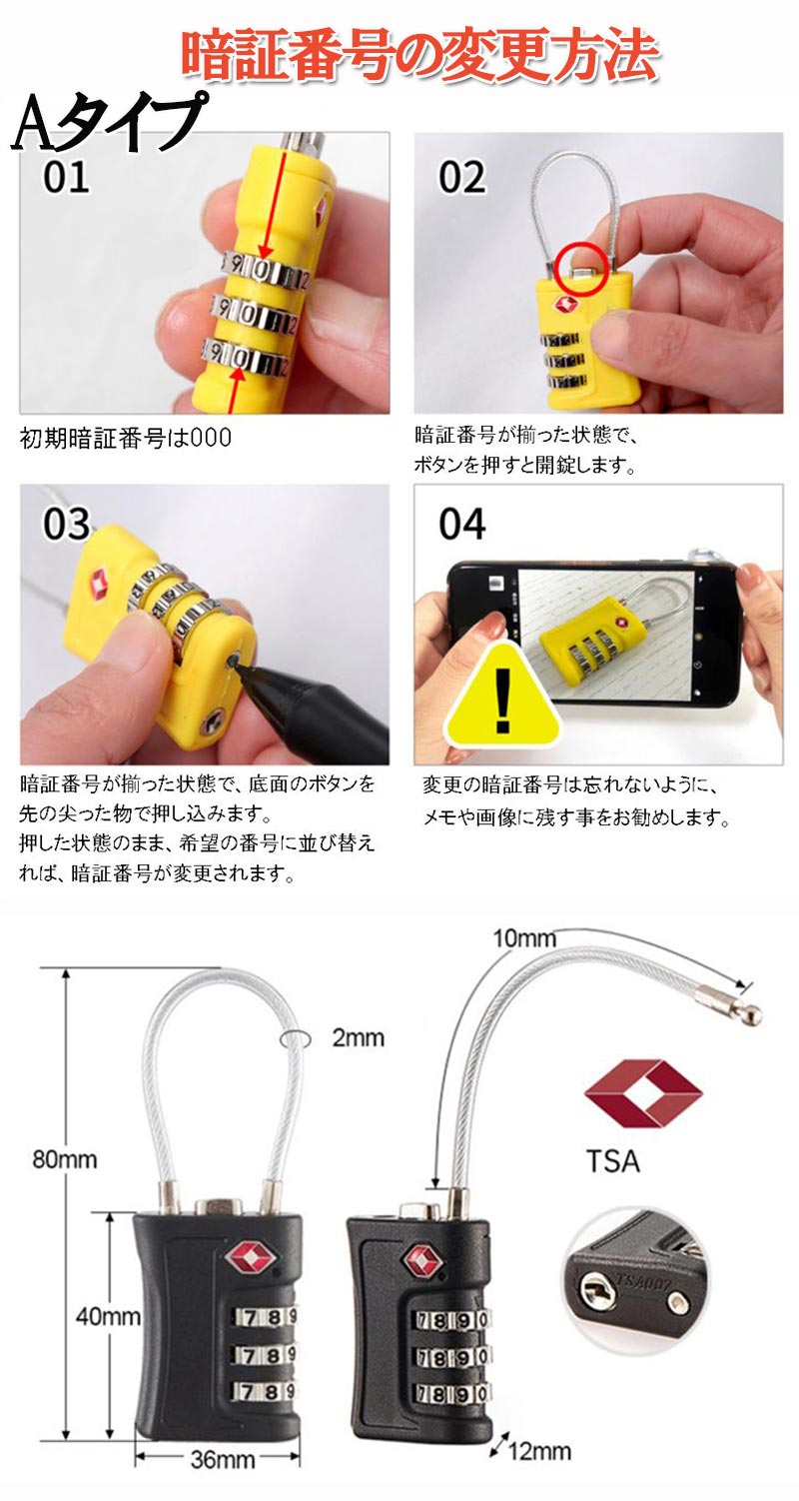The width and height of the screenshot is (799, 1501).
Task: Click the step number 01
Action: [66, 177]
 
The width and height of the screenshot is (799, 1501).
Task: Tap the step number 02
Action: [461, 177]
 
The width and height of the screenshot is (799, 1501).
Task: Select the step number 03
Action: [66, 524]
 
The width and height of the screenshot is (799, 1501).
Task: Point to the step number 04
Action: [461, 524]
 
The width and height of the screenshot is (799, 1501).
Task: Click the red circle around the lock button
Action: [580, 268]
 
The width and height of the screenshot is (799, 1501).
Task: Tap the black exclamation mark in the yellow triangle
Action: [502, 702]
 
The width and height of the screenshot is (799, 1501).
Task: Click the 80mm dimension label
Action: [64, 1158]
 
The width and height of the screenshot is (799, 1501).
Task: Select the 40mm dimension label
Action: [107, 1316]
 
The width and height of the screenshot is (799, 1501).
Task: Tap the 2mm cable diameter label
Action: [358, 1037]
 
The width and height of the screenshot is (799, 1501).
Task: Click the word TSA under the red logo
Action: [613, 1160]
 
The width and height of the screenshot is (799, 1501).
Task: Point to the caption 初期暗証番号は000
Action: [126, 439]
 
